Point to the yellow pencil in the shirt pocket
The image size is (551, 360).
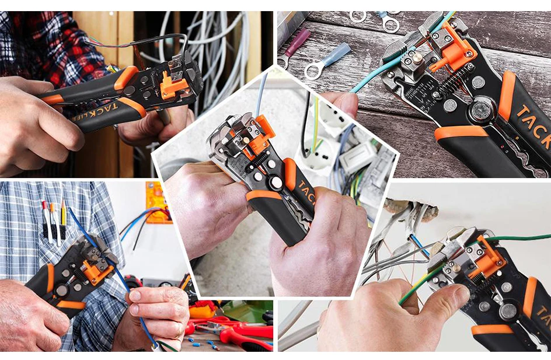[62, 216]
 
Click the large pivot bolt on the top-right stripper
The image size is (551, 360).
[483, 110]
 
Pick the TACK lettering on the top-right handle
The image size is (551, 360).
[532, 122]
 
